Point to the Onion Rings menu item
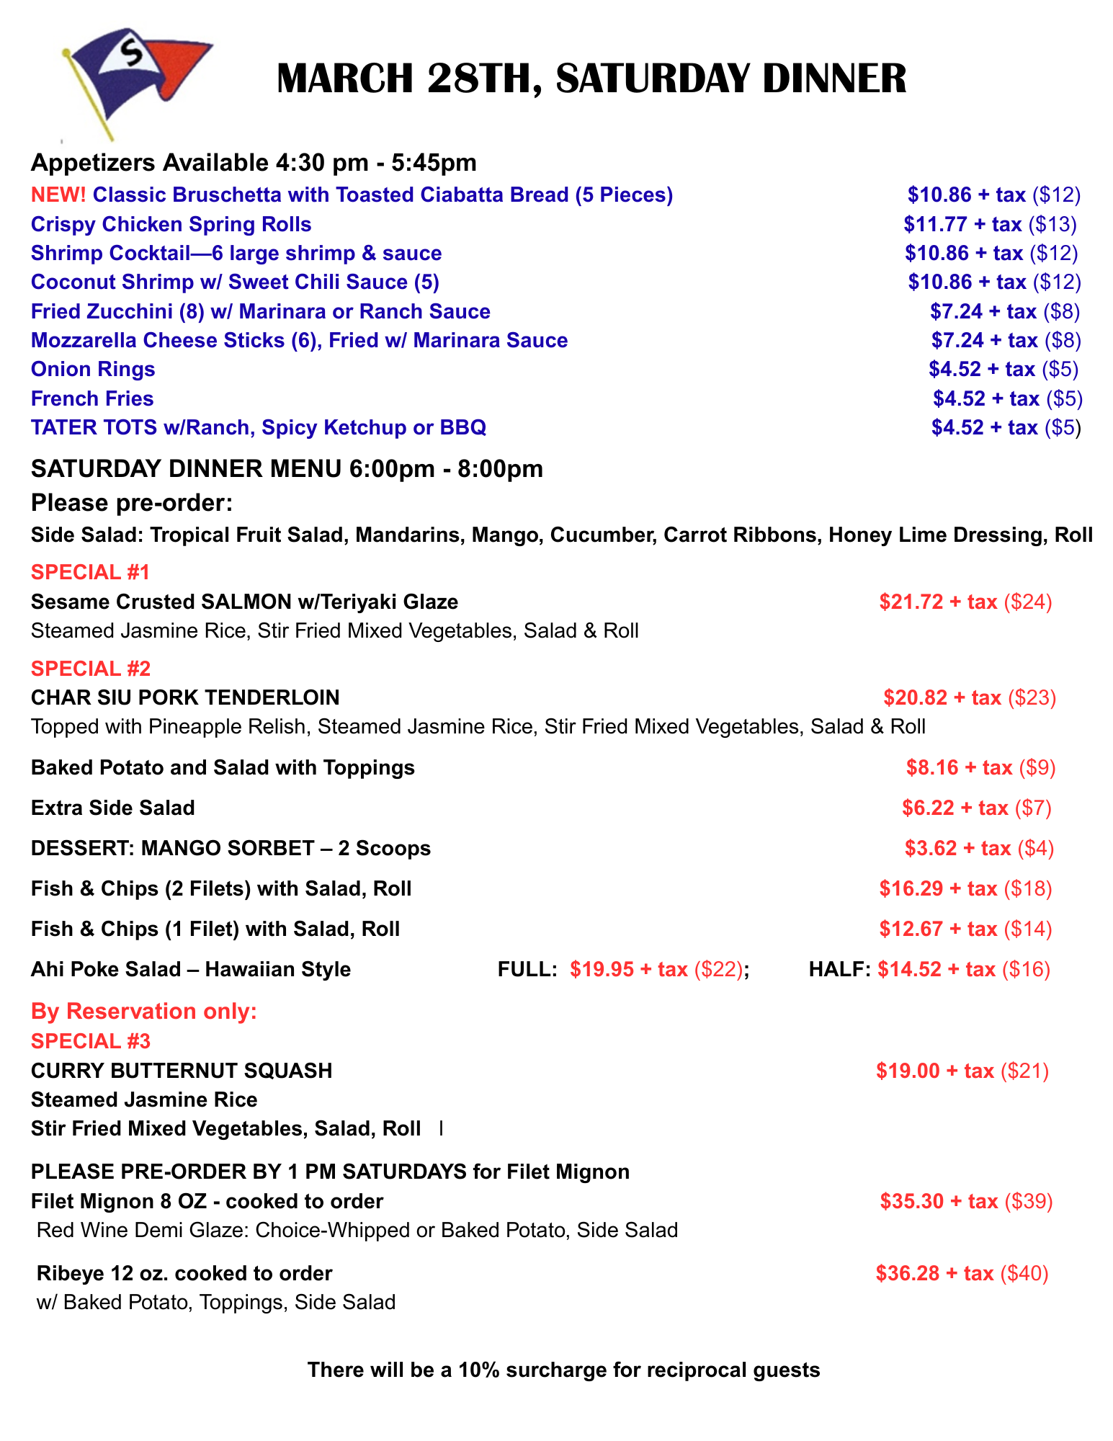[x=93, y=370]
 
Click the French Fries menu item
[x=92, y=399]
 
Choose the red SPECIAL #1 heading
[x=90, y=572]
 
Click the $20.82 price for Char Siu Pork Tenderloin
[x=916, y=697]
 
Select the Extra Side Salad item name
[x=113, y=808]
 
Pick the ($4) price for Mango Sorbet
[x=1035, y=848]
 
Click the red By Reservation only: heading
[x=144, y=1012]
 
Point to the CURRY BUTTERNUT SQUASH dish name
[x=182, y=1071]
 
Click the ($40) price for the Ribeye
[x=1024, y=1273]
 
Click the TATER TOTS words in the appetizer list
[x=94, y=428]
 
